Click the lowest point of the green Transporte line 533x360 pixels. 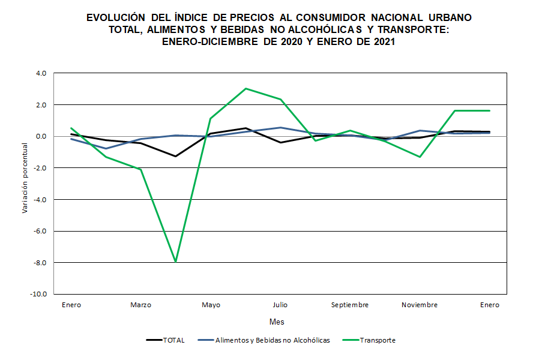[x=176, y=262]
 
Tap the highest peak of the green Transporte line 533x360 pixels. [x=245, y=89]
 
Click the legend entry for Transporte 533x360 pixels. [x=378, y=340]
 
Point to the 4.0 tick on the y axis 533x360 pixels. [x=41, y=73]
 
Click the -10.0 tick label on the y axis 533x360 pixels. [x=40, y=294]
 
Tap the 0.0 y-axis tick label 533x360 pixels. [x=41, y=136]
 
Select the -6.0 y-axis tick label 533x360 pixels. [x=40, y=231]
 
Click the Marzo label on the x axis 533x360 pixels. [x=141, y=305]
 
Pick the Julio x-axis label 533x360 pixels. [x=280, y=305]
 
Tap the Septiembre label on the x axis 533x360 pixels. [x=350, y=305]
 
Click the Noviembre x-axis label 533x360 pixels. [x=420, y=305]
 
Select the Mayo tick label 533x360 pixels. [x=211, y=305]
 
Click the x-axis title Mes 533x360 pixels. [x=277, y=322]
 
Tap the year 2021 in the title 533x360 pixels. [x=382, y=42]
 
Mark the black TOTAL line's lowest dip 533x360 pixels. [x=176, y=156]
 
